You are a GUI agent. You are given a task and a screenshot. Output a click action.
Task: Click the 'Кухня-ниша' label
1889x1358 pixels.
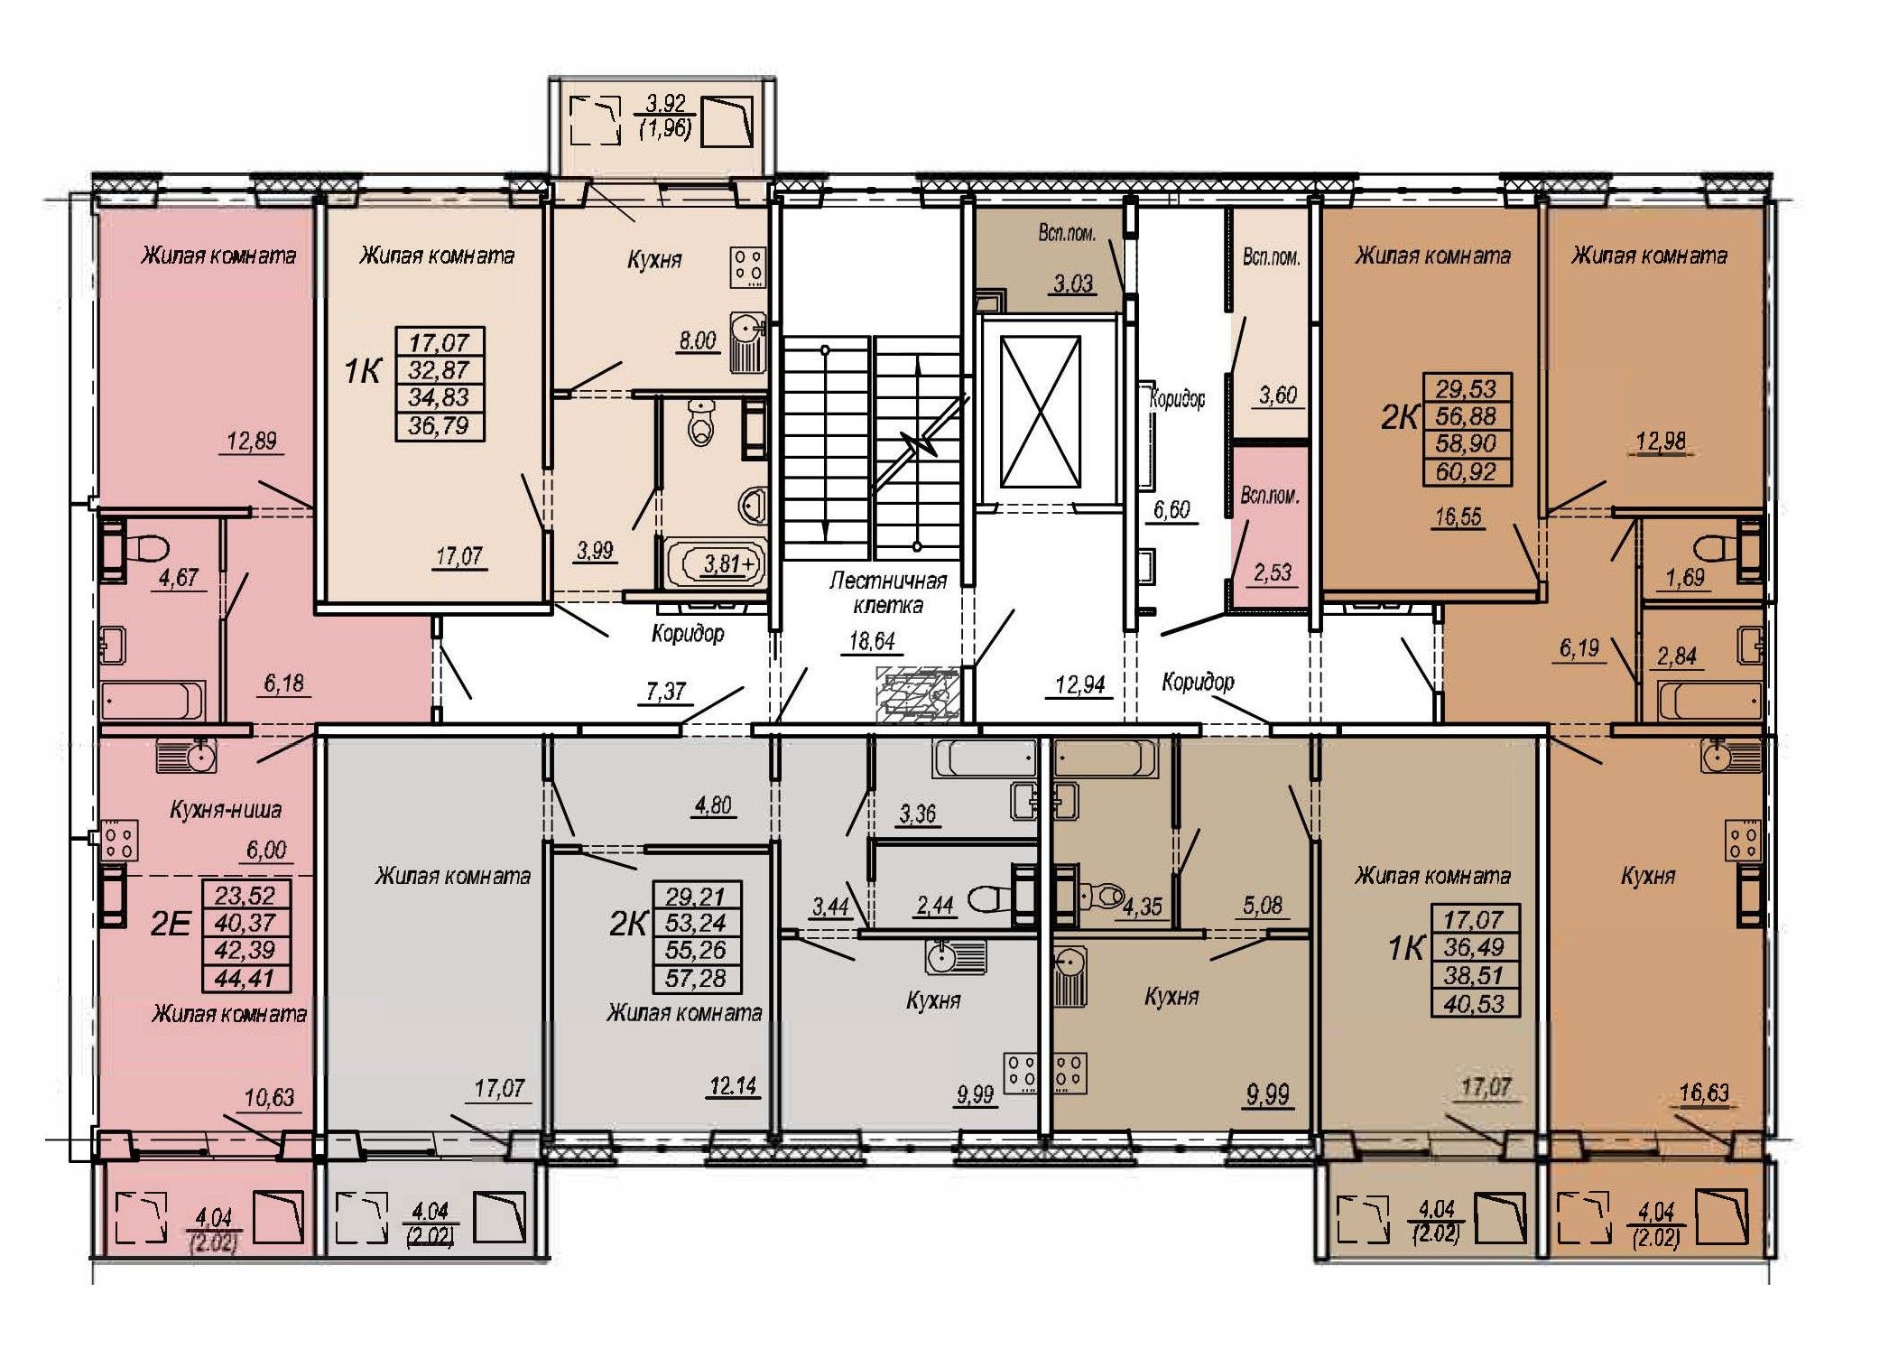(x=226, y=810)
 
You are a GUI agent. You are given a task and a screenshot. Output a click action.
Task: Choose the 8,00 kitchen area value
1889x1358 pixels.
(x=697, y=340)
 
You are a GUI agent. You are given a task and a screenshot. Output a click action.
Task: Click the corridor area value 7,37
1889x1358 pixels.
(x=667, y=692)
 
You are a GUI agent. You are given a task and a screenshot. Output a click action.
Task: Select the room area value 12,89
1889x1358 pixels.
(x=252, y=441)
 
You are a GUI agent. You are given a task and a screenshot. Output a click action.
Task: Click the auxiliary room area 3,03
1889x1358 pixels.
(x=1073, y=284)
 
